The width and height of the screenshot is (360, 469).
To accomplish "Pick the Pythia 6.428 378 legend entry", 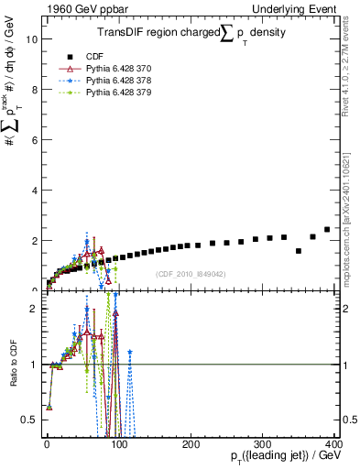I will pyautogui.click(x=119, y=80).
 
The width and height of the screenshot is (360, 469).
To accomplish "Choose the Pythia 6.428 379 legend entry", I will pyautogui.click(x=119, y=93).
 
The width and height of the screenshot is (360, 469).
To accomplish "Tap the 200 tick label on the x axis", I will pyautogui.click(x=191, y=443).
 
